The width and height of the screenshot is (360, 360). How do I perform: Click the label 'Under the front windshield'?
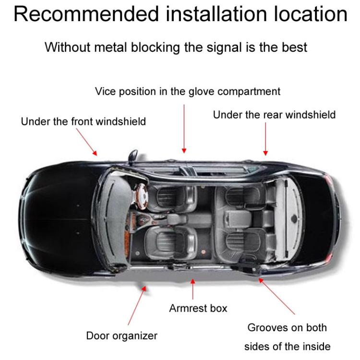pyautogui.click(x=84, y=121)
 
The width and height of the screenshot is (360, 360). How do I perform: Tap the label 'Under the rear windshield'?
pyautogui.click(x=274, y=115)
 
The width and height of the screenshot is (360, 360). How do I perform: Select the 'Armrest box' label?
pyautogui.click(x=198, y=308)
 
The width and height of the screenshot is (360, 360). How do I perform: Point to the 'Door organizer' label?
pyautogui.click(x=122, y=336)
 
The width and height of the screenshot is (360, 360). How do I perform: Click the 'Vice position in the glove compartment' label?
pyautogui.click(x=188, y=91)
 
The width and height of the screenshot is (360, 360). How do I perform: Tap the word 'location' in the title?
pyautogui.click(x=311, y=14)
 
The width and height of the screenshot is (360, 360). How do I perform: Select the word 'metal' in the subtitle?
pyautogui.click(x=110, y=48)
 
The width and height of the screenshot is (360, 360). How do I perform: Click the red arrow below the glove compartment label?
pyautogui.click(x=184, y=129)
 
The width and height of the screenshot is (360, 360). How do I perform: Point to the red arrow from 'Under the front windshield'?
pyautogui.click(x=86, y=142)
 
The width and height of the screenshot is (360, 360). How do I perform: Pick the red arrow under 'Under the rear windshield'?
pyautogui.click(x=265, y=139)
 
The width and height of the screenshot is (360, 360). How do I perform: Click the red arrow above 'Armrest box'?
pyautogui.click(x=192, y=289)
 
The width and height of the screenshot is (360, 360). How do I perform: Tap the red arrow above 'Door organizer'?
pyautogui.click(x=137, y=305)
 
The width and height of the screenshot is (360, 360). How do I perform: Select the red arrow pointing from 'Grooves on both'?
pyautogui.click(x=276, y=296)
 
